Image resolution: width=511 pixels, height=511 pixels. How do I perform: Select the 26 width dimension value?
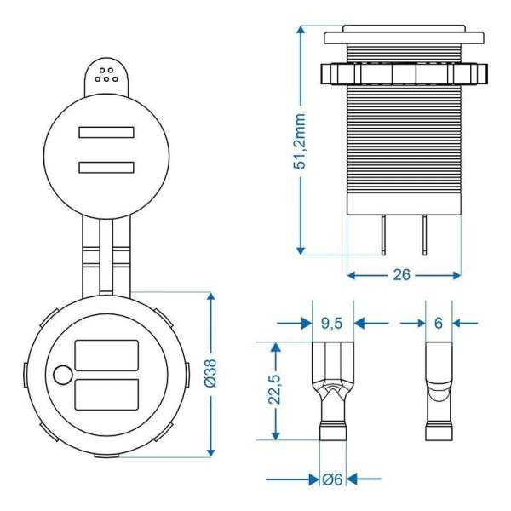[404, 275]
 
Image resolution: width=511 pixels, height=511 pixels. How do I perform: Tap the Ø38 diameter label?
[211, 373]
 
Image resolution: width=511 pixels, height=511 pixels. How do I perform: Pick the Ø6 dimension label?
[332, 479]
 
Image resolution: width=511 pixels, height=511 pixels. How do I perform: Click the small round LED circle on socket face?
[60, 375]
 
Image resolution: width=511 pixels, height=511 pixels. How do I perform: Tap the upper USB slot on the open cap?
[108, 133]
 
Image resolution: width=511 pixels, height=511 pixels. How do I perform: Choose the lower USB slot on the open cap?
[108, 167]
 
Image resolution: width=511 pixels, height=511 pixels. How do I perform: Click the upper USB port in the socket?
[106, 355]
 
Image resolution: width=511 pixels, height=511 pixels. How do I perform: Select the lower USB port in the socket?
[106, 394]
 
